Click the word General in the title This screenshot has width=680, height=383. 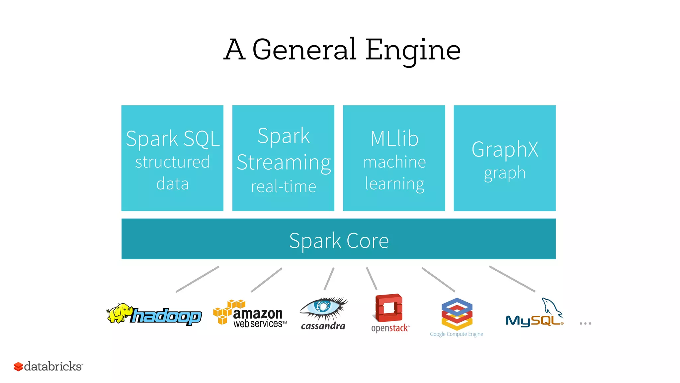click(x=304, y=50)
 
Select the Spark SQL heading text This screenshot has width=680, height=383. click(x=173, y=139)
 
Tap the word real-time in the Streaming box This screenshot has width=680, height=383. click(x=283, y=187)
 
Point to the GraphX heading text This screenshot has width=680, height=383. click(x=505, y=149)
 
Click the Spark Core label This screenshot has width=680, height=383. click(x=339, y=240)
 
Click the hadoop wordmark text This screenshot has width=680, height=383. click(x=166, y=316)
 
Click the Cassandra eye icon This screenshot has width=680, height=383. click(x=323, y=306)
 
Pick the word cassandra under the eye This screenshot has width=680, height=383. click(x=323, y=326)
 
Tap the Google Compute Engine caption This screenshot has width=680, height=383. click(x=456, y=334)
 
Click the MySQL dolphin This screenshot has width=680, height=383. click(x=551, y=306)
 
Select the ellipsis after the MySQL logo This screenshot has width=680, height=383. click(x=585, y=323)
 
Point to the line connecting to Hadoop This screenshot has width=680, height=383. click(x=198, y=279)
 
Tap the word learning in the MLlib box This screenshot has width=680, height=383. click(x=394, y=184)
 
